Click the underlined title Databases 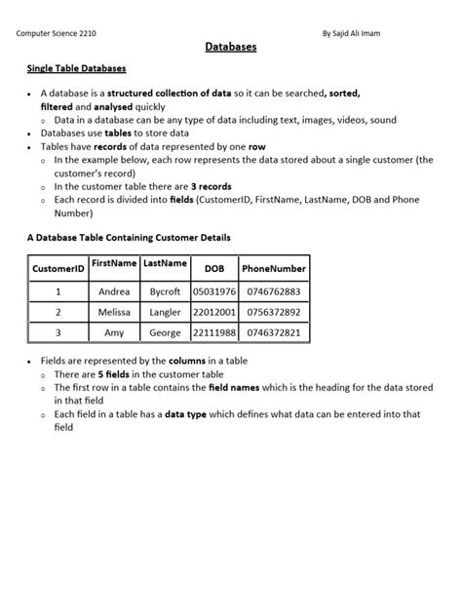coord(231,47)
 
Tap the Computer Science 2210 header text coord(57,33)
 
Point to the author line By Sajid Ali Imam coord(351,33)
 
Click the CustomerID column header coord(58,268)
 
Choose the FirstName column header coord(114,264)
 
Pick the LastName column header coord(165,264)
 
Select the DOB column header coord(213,268)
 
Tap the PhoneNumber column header coord(274,268)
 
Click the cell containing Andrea coord(114,291)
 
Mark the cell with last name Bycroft coord(165,291)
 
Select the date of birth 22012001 coord(213,312)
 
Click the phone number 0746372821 coord(274,332)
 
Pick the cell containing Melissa coord(114,312)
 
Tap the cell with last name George coord(165,332)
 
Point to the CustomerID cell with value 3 coord(58,332)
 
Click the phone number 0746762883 coord(274,291)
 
